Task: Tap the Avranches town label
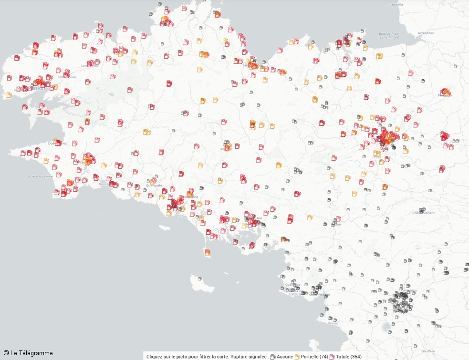pyautogui.click(x=426, y=33)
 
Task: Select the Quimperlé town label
pyautogui.click(x=154, y=185)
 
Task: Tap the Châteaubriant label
pyautogui.click(x=424, y=213)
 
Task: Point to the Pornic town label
pyautogui.click(x=333, y=323)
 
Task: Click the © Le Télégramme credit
pyautogui.click(x=28, y=353)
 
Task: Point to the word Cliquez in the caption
pyautogui.click(x=156, y=357)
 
